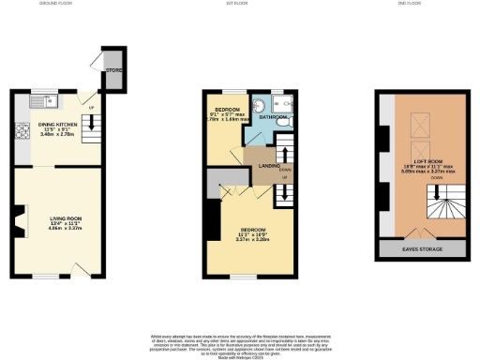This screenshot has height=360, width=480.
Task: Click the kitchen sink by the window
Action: [46, 98]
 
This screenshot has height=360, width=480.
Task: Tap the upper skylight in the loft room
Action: [421, 118]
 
